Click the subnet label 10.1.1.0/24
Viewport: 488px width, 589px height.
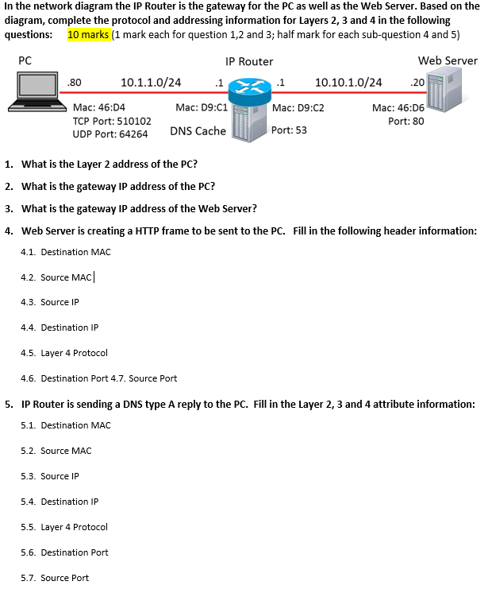tap(151, 82)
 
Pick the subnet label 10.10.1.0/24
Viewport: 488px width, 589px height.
tap(348, 82)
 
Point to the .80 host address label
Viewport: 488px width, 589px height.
tap(76, 82)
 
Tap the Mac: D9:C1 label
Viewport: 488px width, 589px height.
tap(202, 107)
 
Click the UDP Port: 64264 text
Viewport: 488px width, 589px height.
tap(110, 134)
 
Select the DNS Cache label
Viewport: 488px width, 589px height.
tap(198, 131)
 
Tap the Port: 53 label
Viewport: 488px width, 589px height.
tap(289, 130)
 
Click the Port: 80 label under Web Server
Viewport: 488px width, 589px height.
tap(405, 121)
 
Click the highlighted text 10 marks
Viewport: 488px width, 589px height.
tap(89, 35)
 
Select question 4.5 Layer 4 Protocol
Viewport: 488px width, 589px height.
tap(64, 353)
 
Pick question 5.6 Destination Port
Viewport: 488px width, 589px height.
tap(65, 552)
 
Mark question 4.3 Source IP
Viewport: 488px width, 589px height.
tap(50, 302)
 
